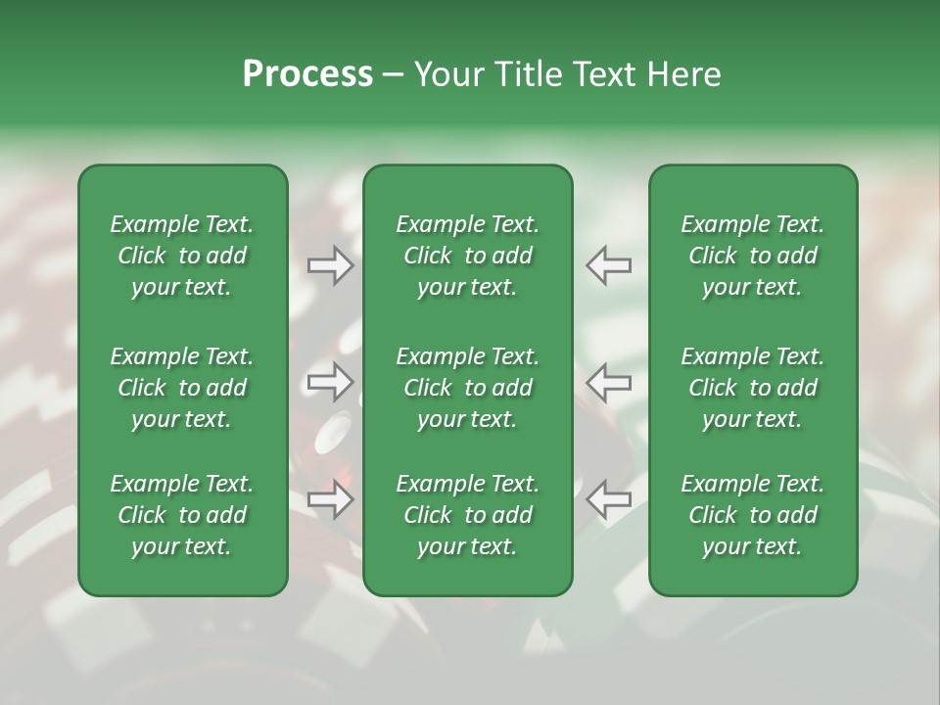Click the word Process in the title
click(x=307, y=74)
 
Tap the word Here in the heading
click(x=681, y=74)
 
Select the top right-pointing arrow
click(x=331, y=265)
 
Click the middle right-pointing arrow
click(x=331, y=382)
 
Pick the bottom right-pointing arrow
click(x=331, y=499)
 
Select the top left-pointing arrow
click(x=608, y=265)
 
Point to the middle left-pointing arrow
click(x=608, y=382)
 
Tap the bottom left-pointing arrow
click(x=608, y=499)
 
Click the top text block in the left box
click(x=182, y=256)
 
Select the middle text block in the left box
click(x=182, y=388)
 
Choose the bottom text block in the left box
click(x=182, y=515)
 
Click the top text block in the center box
click(x=467, y=256)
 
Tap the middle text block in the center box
click(x=467, y=388)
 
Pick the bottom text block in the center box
click(x=467, y=515)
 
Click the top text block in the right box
click(x=752, y=256)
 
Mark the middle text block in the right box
click(x=752, y=388)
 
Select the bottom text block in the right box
click(x=752, y=515)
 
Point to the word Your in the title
click(x=447, y=74)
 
